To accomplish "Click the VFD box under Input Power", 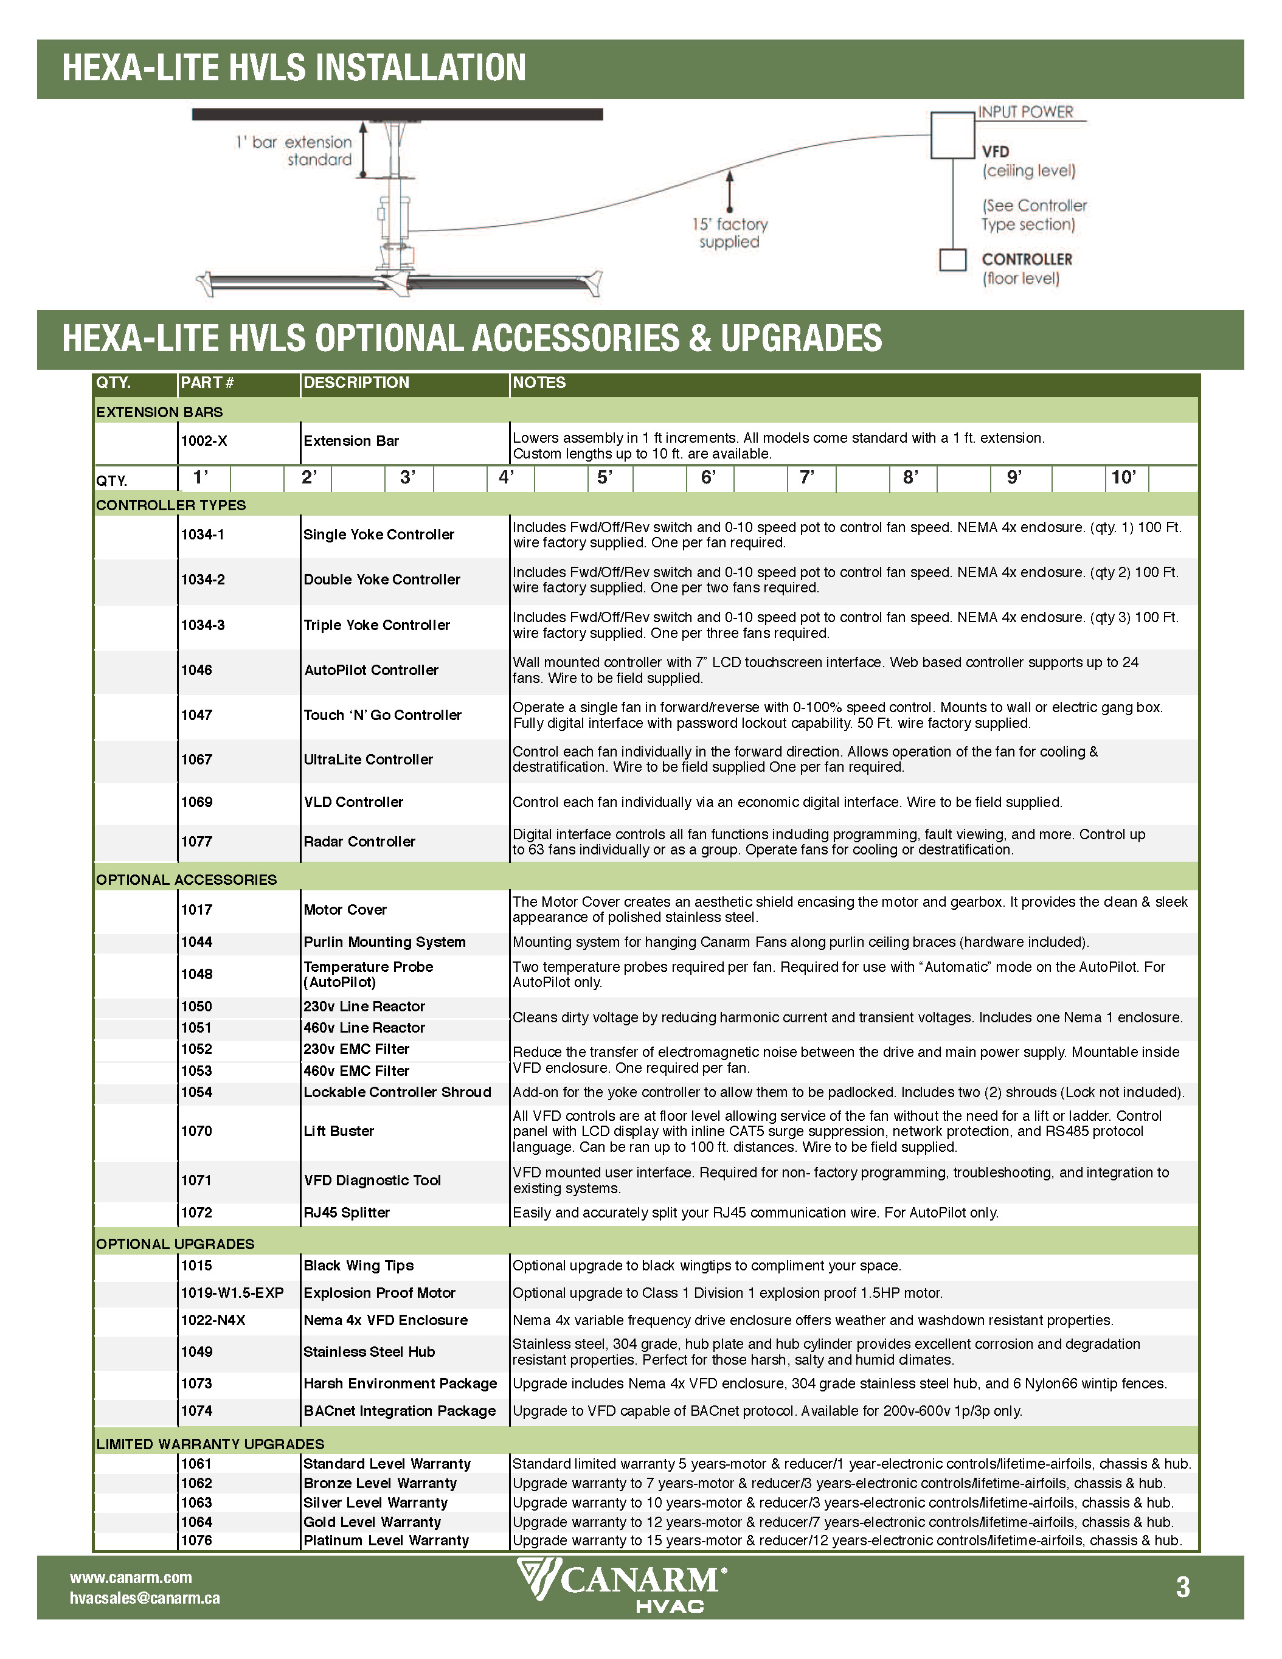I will pos(952,135).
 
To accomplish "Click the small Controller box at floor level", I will pos(952,260).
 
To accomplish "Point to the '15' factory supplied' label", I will pos(729,233).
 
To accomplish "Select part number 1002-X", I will pos(204,440).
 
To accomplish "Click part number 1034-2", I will pos(203,580).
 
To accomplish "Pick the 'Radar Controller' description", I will pos(359,842).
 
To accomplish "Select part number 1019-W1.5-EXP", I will pos(232,1293).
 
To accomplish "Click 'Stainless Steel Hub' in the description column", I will pos(369,1351).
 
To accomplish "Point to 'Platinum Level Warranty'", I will pos(386,1540).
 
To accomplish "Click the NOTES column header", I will pos(539,383).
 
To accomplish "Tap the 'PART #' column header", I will pos(207,383).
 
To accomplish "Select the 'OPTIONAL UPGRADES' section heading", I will pos(175,1244).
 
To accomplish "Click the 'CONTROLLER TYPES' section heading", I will pos(171,505).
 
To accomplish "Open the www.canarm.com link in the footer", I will pos(131,1578).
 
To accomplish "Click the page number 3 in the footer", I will pos(1182,1588).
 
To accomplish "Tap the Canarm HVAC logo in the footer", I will pos(622,1586).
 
